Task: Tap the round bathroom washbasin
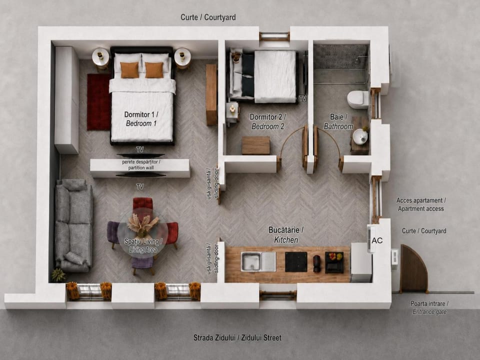click(360, 136)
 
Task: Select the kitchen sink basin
click(251, 261)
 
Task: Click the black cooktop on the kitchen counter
click(296, 262)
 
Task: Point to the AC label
click(377, 240)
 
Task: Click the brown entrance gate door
click(413, 268)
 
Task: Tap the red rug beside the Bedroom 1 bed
click(98, 101)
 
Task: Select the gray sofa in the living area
click(73, 225)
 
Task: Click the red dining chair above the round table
click(142, 204)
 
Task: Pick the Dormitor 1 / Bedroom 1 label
click(141, 119)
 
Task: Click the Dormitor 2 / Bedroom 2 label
click(268, 121)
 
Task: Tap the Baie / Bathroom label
click(338, 121)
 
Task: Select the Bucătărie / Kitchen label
click(286, 235)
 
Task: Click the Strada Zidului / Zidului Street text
click(237, 337)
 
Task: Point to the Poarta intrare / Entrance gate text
click(429, 307)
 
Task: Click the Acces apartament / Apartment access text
click(421, 204)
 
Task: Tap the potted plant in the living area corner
click(58, 275)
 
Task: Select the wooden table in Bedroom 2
click(256, 145)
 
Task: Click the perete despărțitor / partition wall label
click(141, 164)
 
